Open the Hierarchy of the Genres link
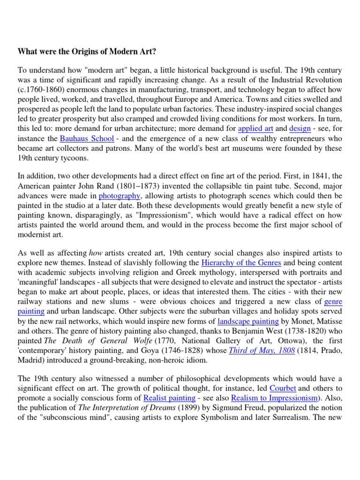(x=241, y=262)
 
